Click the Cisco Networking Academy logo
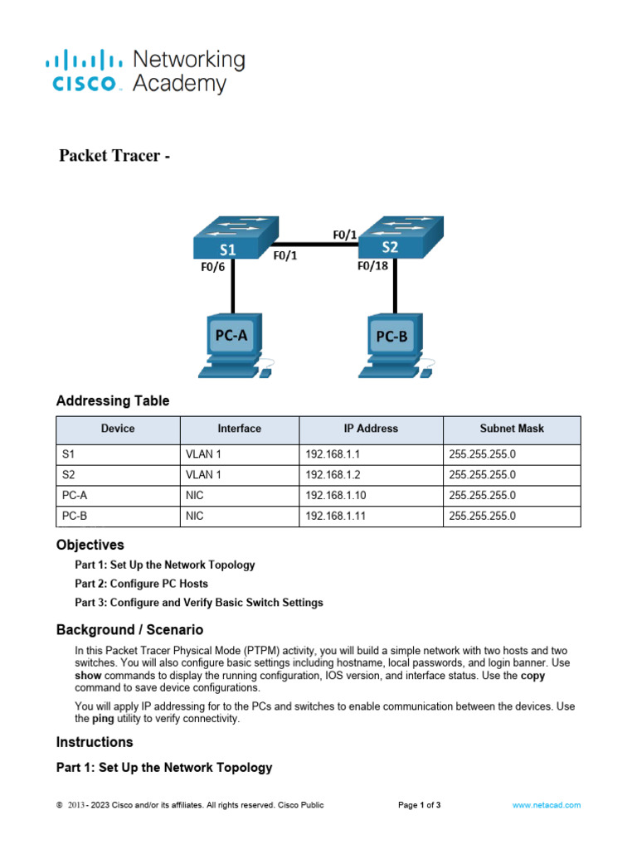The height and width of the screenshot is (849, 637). point(145,71)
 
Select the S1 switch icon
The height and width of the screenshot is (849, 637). point(234,239)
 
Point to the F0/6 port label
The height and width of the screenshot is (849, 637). point(212,267)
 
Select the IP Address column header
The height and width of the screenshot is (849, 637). point(371,429)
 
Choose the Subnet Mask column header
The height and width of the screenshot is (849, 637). point(512,429)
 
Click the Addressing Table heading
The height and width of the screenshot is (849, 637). point(113,401)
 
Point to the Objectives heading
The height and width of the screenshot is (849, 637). point(90,545)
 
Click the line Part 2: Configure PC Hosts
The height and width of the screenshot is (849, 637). point(141,584)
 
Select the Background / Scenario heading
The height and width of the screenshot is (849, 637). point(129,630)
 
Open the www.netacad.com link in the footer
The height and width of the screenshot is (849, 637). point(546,805)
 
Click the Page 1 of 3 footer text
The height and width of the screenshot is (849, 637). point(420,805)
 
